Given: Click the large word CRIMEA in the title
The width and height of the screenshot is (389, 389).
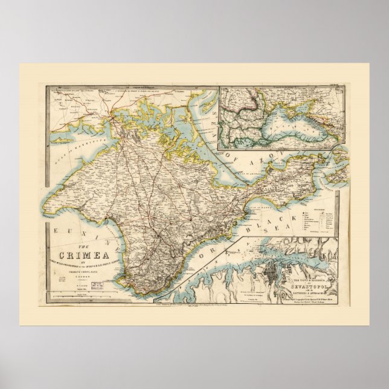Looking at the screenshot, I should pos(86,253).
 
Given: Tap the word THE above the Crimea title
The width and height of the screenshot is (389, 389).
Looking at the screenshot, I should pos(86,243).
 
